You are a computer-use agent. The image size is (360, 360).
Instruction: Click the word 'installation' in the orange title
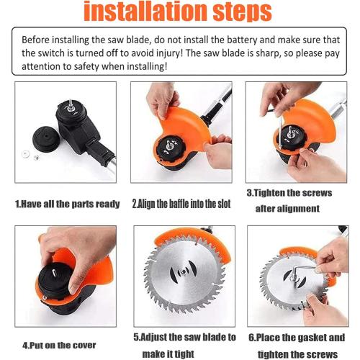143,12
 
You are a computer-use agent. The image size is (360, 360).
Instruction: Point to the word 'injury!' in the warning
204,53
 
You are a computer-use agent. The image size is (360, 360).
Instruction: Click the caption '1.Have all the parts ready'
68,204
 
